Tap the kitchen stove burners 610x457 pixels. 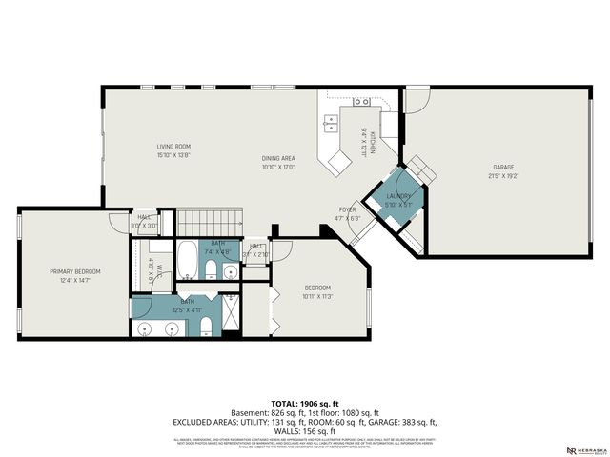[x=363, y=101]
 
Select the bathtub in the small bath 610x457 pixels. [x=188, y=259]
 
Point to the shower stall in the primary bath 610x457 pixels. [x=232, y=315]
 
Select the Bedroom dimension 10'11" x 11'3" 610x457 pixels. [x=316, y=296]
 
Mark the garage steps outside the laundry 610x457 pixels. [x=424, y=172]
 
